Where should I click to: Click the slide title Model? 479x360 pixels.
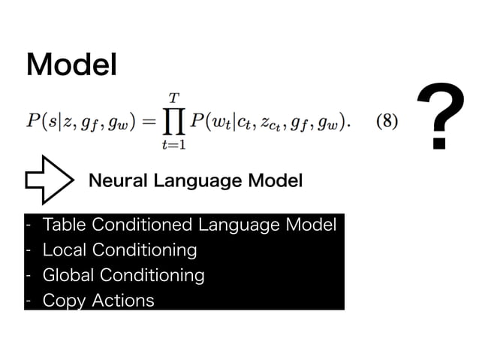tap(72, 65)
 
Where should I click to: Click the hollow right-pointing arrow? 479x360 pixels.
tap(48, 180)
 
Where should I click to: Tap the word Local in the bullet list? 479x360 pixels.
tap(62, 249)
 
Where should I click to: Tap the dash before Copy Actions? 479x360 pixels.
tap(28, 301)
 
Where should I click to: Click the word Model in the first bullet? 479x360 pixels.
tap(309, 224)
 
